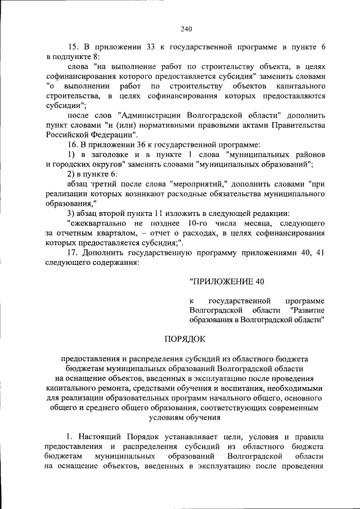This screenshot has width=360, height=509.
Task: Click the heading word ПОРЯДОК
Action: click(x=185, y=339)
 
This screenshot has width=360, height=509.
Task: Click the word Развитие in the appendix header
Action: click(x=307, y=310)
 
